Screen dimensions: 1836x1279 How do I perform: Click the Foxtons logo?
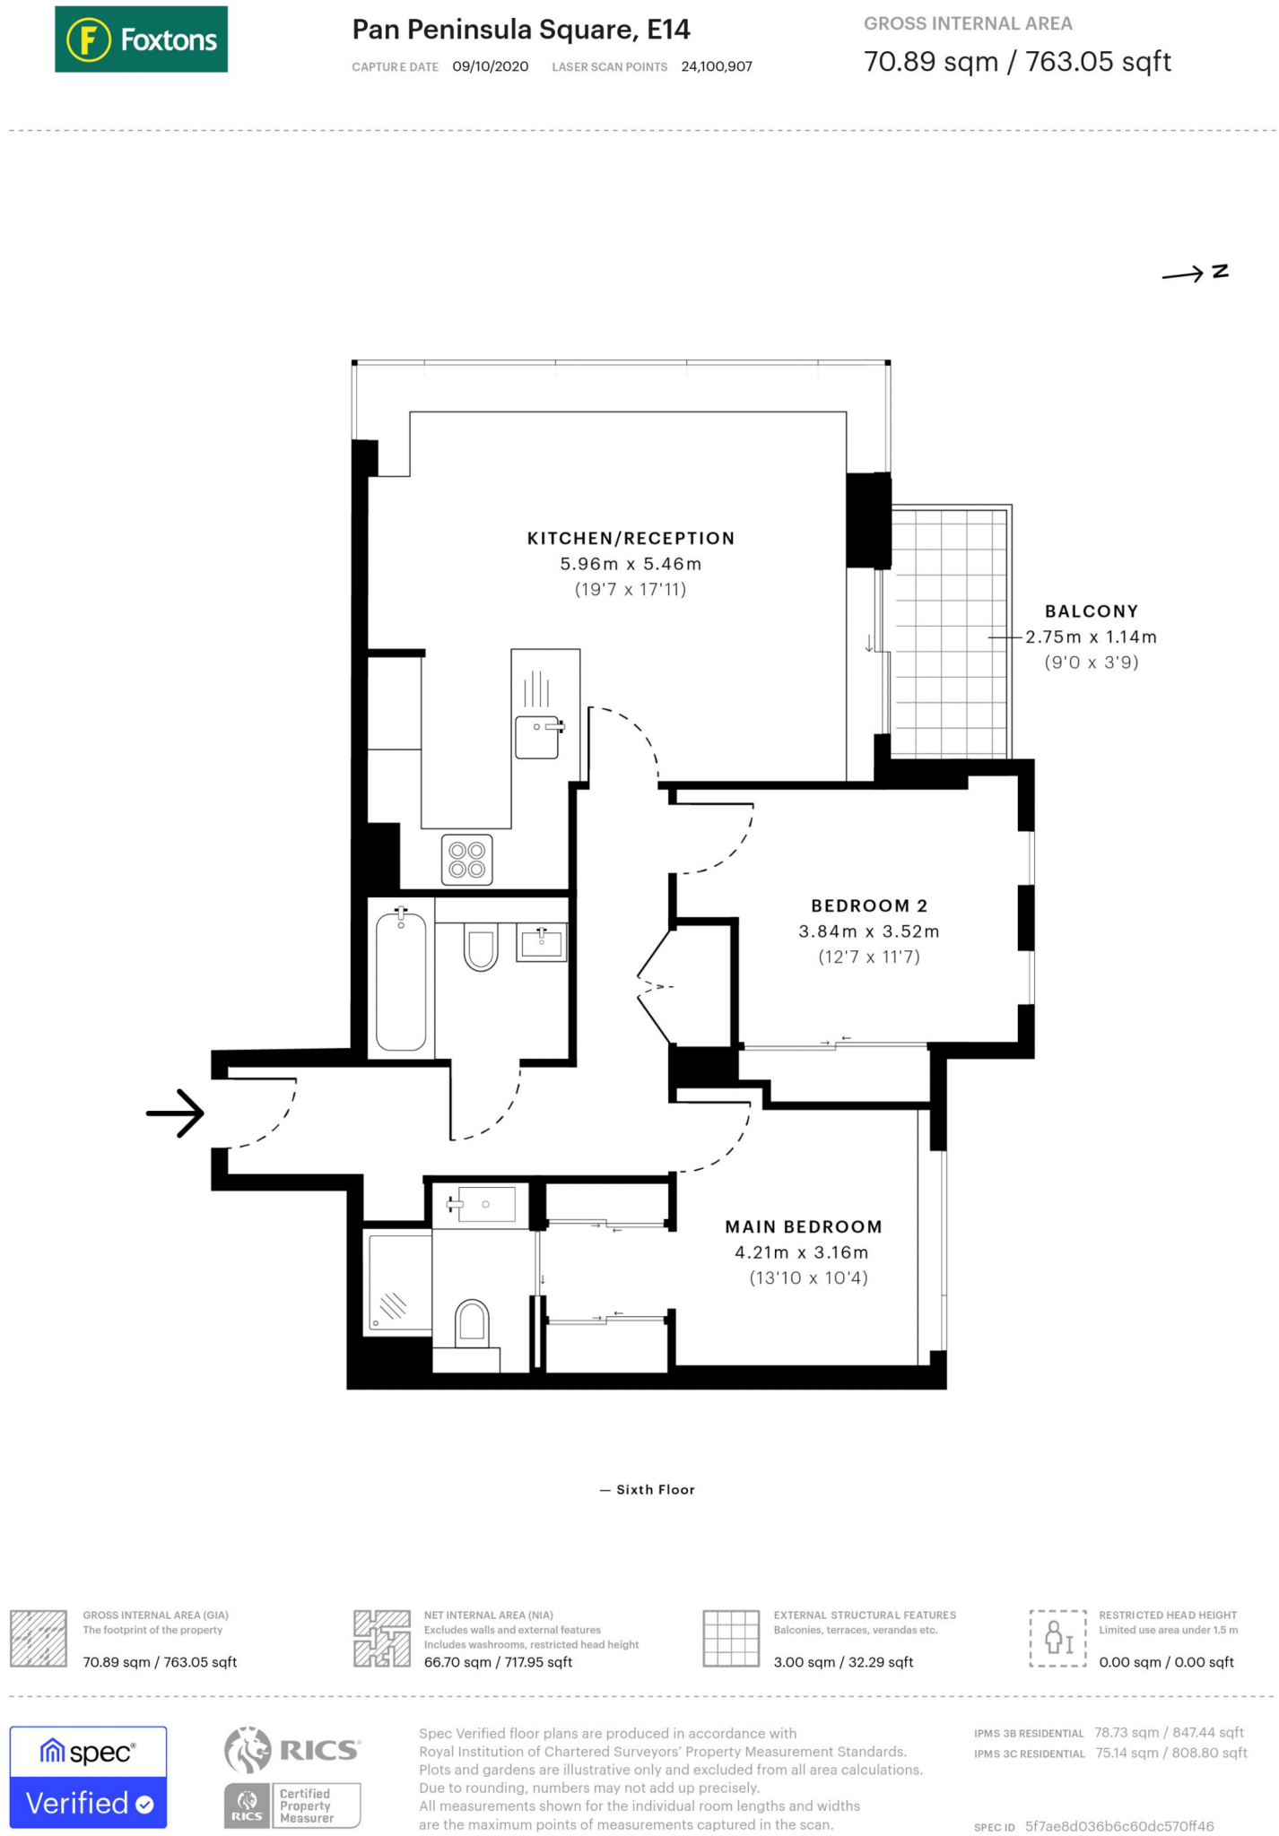[x=141, y=39]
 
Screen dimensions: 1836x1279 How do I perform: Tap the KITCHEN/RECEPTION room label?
[x=631, y=538]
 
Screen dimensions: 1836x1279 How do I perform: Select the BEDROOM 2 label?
[x=868, y=905]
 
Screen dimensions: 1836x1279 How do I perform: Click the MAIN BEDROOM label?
[x=803, y=1226]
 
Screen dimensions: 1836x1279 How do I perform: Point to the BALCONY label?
[x=1091, y=611]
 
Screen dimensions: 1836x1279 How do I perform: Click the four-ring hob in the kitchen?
[x=467, y=859]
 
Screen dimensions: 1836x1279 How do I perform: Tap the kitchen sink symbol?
[x=537, y=736]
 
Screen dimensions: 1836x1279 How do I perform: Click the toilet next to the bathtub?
[x=481, y=947]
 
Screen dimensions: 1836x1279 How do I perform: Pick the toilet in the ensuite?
[x=472, y=1323]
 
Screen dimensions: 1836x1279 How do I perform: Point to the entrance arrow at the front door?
[x=176, y=1113]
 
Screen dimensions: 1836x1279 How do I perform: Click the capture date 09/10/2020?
[x=490, y=66]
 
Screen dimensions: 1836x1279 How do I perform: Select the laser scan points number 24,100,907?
[x=716, y=66]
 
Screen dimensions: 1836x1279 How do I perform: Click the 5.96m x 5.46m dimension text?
[x=631, y=564]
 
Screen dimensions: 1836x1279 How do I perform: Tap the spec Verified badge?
[x=88, y=1776]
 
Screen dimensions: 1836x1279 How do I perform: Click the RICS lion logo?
[x=248, y=1749]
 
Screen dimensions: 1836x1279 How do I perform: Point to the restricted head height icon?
[x=1057, y=1638]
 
